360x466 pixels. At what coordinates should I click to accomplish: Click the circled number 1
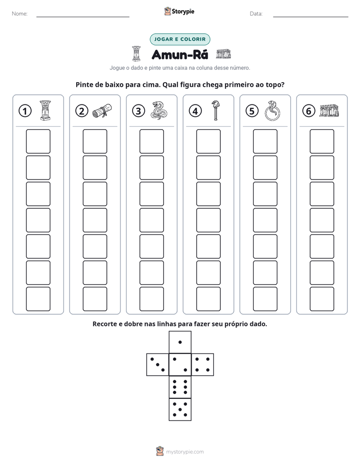tap(25, 111)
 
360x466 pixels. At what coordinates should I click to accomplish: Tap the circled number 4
tap(195, 111)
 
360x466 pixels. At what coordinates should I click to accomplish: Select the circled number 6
tap(309, 111)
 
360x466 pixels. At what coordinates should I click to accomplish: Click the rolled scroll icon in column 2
tap(102, 110)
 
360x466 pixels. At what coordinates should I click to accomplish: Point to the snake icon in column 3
tap(159, 110)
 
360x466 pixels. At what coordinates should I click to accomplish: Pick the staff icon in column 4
tap(215, 110)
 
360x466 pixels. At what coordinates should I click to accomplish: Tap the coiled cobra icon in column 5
tap(272, 110)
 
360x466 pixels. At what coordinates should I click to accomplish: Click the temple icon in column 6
tap(329, 110)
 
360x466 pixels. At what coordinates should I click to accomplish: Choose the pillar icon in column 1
tap(45, 110)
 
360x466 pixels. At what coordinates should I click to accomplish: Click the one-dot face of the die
tap(180, 342)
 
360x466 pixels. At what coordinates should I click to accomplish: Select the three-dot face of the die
tap(157, 364)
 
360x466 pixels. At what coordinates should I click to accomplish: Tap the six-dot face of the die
tap(180, 387)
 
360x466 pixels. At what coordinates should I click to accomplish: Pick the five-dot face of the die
tap(180, 410)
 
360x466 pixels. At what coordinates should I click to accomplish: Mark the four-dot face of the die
tap(203, 364)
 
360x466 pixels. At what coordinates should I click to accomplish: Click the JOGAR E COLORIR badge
tap(180, 39)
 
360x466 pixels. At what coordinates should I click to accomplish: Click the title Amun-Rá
tap(180, 54)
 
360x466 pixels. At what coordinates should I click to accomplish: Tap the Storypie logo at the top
tap(179, 11)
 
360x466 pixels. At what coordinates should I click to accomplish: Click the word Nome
tap(20, 14)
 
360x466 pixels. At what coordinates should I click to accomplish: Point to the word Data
tap(256, 14)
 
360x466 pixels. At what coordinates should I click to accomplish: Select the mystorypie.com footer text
tap(185, 452)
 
